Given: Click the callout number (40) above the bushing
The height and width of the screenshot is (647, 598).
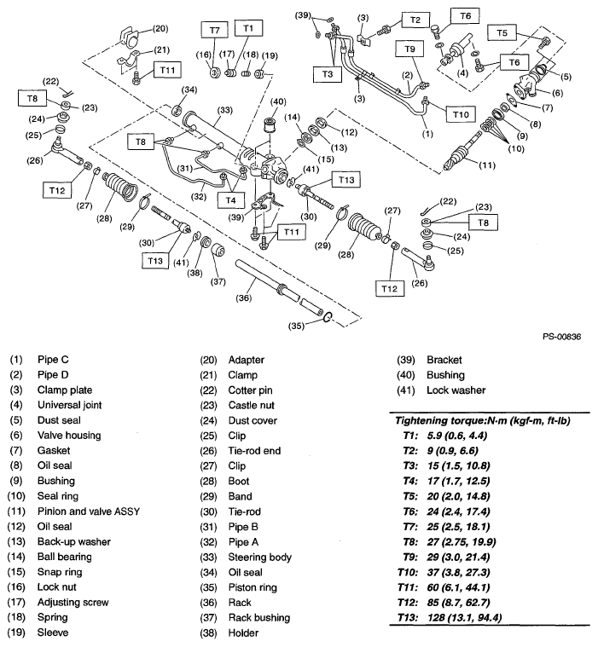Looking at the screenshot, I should point(277,103).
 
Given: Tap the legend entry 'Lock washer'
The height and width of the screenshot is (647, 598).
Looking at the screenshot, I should point(456,390).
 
